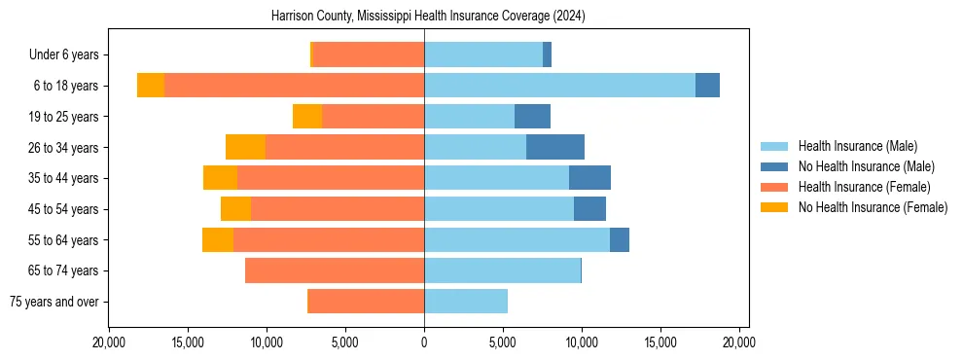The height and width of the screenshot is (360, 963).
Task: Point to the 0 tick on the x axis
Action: (424, 342)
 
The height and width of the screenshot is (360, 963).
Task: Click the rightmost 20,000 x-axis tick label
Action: (739, 342)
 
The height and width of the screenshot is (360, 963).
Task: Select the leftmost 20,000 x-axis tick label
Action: (109, 342)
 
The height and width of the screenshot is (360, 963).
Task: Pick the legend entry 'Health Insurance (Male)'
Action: (857, 146)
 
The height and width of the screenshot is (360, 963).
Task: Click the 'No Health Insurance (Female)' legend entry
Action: (873, 207)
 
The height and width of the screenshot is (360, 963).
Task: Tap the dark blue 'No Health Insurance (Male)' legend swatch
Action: (774, 166)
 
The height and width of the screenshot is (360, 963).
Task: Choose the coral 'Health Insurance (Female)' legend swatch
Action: (774, 187)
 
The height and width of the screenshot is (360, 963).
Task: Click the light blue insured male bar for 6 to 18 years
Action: (559, 86)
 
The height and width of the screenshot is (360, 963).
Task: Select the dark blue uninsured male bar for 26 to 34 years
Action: (555, 147)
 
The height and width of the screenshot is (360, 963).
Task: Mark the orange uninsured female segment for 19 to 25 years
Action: (307, 117)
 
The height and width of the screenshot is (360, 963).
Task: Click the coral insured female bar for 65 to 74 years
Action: (335, 270)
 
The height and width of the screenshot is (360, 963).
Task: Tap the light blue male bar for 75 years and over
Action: (466, 302)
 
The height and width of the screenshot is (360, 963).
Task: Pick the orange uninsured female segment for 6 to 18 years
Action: (151, 86)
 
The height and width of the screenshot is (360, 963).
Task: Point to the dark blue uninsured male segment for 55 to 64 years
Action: (620, 239)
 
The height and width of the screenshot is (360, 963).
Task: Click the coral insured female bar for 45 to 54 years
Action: (338, 209)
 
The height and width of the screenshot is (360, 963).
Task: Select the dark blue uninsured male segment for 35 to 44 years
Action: (589, 178)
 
